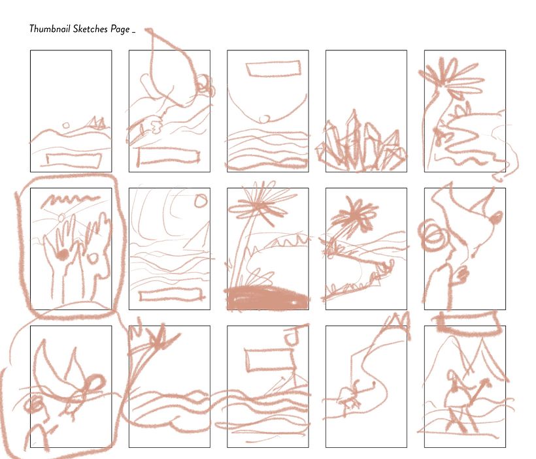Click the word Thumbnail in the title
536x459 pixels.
coord(50,29)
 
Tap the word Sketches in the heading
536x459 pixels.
coord(90,29)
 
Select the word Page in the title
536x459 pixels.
coord(120,29)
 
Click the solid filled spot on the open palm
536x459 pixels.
coord(62,255)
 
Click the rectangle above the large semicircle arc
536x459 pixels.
coord(273,69)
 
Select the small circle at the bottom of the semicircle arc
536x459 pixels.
coord(264,119)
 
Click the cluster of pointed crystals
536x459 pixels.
coord(361,144)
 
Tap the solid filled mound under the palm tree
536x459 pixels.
coord(267,298)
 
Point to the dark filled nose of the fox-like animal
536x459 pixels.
coord(496,217)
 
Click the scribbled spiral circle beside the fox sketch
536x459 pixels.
coord(433,236)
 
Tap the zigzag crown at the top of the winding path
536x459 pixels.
coord(399,320)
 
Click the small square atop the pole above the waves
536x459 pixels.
coord(293,336)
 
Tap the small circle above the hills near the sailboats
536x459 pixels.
coord(66,125)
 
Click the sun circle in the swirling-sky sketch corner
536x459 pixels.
coord(201,200)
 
